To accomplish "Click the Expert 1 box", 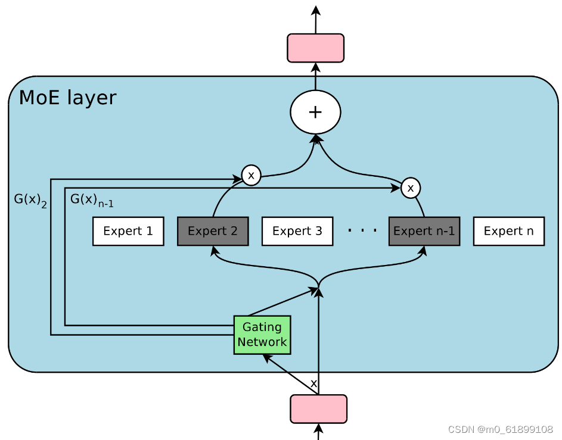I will (x=128, y=232).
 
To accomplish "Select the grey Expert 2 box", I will (x=213, y=232).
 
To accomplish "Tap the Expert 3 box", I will (x=297, y=232).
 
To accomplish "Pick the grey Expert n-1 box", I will (x=424, y=232).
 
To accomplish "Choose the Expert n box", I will (x=508, y=232).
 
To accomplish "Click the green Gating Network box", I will (x=262, y=335).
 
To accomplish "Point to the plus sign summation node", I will (x=315, y=112).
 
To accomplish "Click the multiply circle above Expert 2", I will (x=251, y=176).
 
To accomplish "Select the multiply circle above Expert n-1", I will (x=410, y=188).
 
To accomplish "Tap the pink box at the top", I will (x=315, y=48).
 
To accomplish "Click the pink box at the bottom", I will (x=318, y=409).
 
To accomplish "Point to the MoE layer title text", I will (x=67, y=98).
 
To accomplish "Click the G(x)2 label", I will (x=30, y=200).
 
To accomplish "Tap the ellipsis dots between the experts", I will (x=362, y=230).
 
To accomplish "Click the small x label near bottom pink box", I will (x=313, y=383).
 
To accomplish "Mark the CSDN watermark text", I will (x=500, y=429).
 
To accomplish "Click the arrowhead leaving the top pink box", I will (x=315, y=10).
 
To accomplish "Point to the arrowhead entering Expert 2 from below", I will (x=213, y=251).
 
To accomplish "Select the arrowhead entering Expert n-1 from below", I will (x=424, y=251).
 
